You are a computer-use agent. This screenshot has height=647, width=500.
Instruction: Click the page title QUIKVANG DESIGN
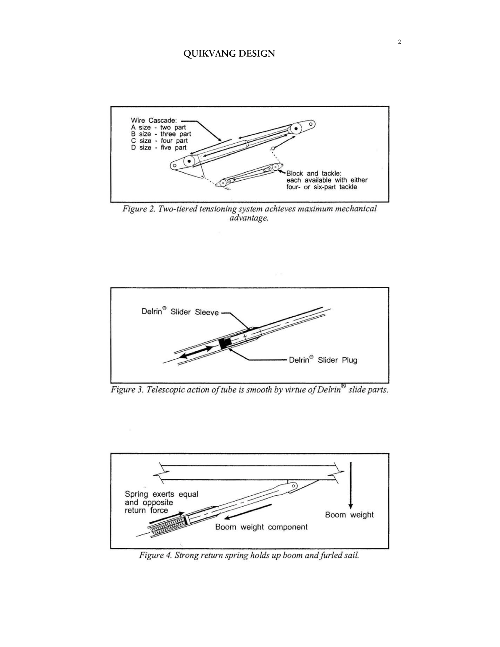coord(229,54)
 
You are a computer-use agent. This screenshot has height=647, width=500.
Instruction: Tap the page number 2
coord(399,42)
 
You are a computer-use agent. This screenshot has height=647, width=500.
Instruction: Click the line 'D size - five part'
coord(158,147)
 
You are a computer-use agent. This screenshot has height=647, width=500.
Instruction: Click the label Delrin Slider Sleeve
coord(180,312)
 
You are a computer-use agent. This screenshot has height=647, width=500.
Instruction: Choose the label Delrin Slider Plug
coord(323,360)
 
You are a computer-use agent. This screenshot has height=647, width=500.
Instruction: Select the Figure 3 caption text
coord(249,390)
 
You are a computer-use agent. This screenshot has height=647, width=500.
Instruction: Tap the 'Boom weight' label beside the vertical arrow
coord(349,515)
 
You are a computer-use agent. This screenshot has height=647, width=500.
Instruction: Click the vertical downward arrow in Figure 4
coord(351,485)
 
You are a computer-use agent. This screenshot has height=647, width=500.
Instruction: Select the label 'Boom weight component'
coord(261,527)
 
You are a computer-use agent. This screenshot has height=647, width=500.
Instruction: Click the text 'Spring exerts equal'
coord(161,494)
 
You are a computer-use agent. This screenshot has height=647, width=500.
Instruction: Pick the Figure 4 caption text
coord(249,555)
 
